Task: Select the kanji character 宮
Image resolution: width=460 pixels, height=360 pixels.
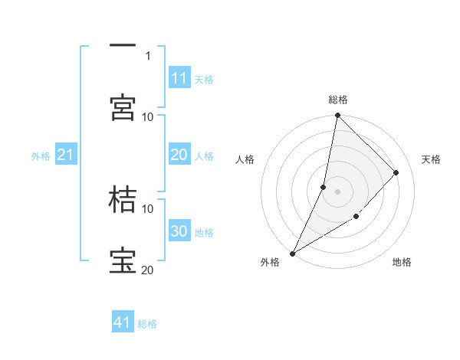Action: click(123, 107)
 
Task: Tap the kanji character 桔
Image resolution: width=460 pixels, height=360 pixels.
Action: click(123, 199)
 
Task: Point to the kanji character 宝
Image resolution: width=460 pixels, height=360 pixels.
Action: click(123, 260)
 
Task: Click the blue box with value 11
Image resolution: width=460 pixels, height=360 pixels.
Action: click(179, 78)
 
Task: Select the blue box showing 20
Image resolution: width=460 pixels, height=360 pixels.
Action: click(179, 155)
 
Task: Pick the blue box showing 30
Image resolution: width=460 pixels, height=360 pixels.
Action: click(179, 231)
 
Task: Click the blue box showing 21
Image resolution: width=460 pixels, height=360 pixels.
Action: click(65, 155)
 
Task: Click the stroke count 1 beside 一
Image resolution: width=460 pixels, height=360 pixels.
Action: click(148, 55)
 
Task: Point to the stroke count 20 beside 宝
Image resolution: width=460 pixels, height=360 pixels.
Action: click(148, 270)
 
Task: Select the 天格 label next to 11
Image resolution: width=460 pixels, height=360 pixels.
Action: click(204, 79)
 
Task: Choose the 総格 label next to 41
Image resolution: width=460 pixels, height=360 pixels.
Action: click(147, 324)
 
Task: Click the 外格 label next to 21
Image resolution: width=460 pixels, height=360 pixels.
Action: click(41, 155)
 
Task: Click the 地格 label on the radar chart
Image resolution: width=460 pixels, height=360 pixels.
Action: click(402, 263)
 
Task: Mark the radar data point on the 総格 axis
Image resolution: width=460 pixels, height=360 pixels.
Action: click(337, 115)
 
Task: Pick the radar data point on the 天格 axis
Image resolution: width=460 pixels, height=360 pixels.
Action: click(396, 172)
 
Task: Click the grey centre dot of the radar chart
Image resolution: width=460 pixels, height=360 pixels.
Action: click(337, 191)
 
